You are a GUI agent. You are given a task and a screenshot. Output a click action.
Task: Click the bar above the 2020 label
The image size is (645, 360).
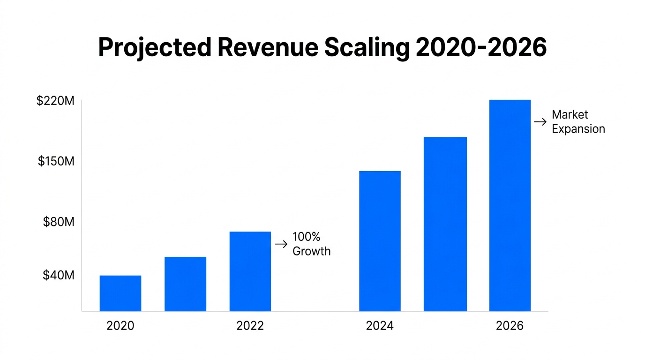[120, 293]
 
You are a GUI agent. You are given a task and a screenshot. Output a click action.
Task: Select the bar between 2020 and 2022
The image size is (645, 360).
[185, 284]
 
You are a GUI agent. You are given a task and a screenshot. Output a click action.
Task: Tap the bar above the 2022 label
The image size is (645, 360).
[250, 271]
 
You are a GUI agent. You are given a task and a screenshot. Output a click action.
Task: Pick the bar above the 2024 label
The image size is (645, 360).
[380, 241]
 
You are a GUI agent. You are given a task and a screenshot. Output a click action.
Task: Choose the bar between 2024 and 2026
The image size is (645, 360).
[445, 224]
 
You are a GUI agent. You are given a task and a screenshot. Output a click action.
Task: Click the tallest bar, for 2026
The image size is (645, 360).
[510, 205]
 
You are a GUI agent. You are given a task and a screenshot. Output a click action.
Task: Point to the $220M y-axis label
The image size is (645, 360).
[55, 101]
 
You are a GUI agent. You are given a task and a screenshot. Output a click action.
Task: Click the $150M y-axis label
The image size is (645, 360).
[56, 161]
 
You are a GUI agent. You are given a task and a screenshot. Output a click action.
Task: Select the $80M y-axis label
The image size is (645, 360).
[59, 222]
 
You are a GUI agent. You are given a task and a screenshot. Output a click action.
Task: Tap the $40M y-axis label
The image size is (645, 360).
[59, 275]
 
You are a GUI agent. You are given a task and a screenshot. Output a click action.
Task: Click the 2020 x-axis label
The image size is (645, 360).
[120, 326]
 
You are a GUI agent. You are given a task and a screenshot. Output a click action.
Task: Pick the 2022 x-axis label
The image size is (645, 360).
[250, 326]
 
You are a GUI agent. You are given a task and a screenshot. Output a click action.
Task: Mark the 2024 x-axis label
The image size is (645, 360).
[380, 326]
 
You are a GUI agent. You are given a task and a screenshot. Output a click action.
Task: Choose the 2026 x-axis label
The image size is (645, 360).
[510, 326]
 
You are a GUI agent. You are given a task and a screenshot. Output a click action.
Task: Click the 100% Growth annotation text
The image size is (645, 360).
[311, 244]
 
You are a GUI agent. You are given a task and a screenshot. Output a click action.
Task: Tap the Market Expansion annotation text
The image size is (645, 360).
[578, 121]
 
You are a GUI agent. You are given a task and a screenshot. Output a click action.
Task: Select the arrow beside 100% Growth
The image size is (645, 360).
[281, 244]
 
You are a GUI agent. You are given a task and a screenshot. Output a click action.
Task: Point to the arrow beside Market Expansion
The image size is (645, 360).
[540, 122]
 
